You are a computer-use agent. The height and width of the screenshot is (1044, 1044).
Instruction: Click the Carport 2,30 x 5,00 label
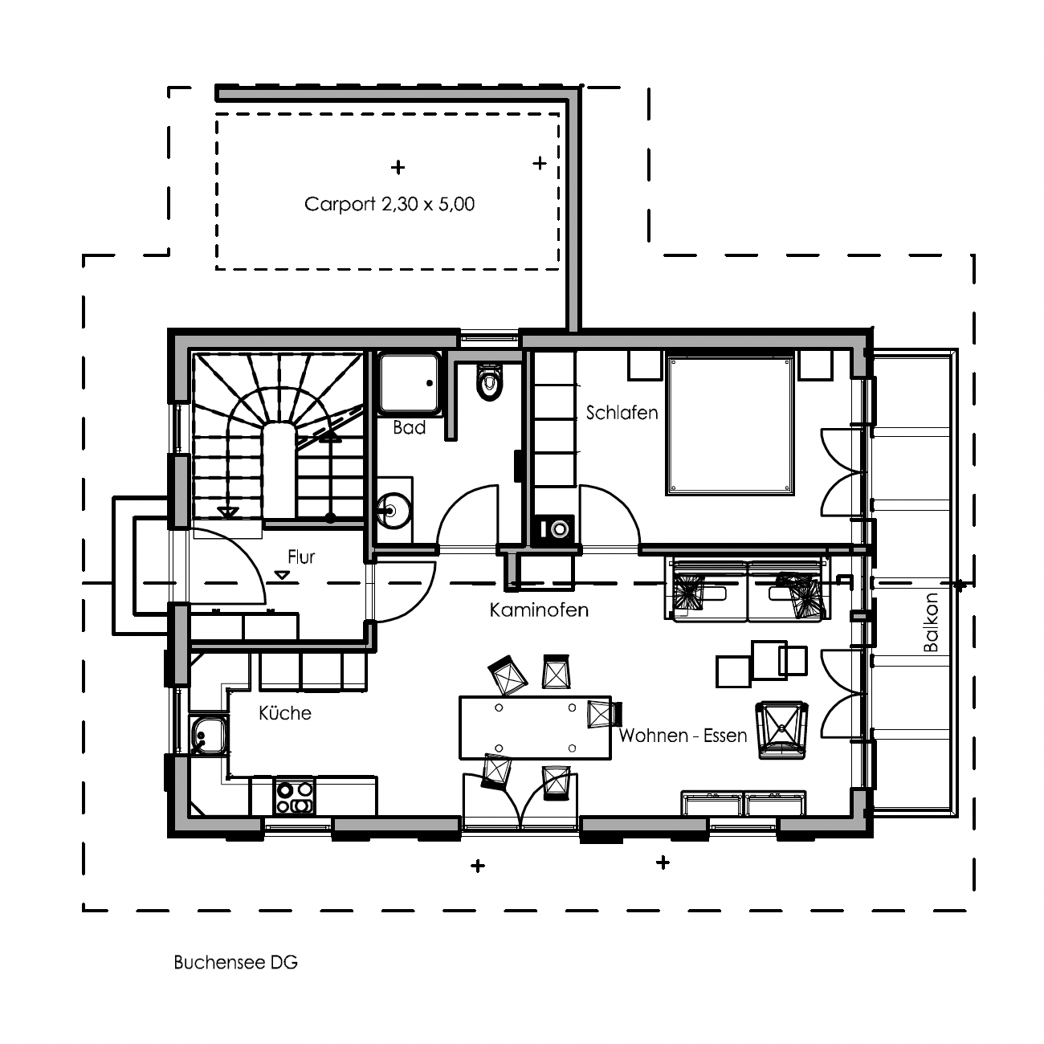389,204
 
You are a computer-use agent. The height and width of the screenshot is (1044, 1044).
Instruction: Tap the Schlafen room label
622,413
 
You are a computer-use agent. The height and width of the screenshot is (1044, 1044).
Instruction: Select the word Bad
409,428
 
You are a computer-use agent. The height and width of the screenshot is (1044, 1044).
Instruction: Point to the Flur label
300,557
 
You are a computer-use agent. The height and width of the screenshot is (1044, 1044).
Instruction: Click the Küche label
285,713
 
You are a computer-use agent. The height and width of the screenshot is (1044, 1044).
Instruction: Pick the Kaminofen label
539,610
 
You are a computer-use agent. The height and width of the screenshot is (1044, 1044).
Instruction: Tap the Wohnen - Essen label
683,735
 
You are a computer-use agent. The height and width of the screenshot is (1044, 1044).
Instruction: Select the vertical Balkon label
931,622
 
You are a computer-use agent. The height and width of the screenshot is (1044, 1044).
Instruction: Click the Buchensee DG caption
235,962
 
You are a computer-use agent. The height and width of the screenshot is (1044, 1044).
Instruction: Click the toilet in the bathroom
489,381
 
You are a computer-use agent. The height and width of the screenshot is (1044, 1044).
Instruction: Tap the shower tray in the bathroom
409,383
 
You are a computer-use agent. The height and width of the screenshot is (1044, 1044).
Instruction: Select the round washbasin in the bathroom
395,510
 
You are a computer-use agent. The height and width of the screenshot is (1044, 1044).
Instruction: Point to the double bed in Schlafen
730,426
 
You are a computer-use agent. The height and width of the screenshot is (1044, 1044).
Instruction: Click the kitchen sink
208,734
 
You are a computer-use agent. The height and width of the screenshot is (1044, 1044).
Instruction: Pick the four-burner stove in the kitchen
295,797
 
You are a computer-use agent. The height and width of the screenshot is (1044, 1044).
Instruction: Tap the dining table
536,728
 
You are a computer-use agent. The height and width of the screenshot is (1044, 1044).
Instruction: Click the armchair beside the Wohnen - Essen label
782,729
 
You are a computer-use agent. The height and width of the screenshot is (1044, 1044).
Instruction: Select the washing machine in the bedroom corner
553,528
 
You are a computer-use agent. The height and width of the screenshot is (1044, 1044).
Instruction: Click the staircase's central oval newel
279,470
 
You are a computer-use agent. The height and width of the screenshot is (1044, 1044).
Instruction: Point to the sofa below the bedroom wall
748,590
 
